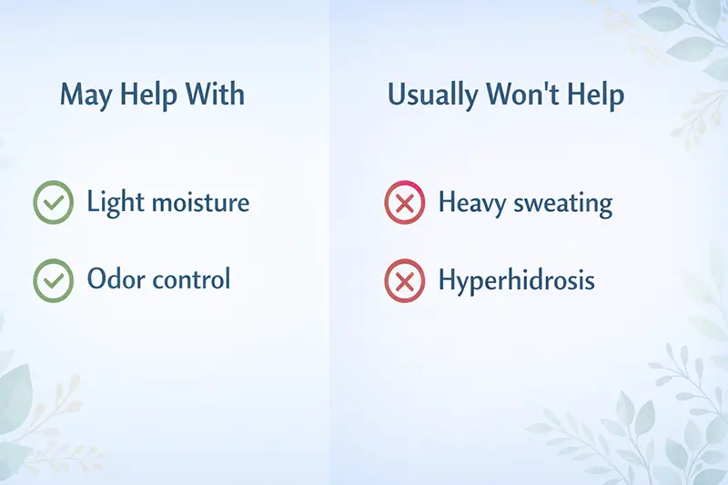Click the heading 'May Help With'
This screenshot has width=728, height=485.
click(x=152, y=95)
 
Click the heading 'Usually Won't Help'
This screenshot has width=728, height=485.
click(x=506, y=95)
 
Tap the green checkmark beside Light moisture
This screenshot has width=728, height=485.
click(x=54, y=202)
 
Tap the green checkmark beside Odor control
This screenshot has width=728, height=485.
click(x=54, y=279)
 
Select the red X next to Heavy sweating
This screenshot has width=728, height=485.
click(x=405, y=202)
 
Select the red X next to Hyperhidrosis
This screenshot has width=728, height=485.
click(x=405, y=279)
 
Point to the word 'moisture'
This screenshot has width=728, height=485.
click(x=196, y=202)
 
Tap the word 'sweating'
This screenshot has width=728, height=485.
click(x=557, y=203)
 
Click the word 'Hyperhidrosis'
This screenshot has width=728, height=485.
click(x=516, y=279)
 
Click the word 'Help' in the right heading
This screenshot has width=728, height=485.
click(x=593, y=96)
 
